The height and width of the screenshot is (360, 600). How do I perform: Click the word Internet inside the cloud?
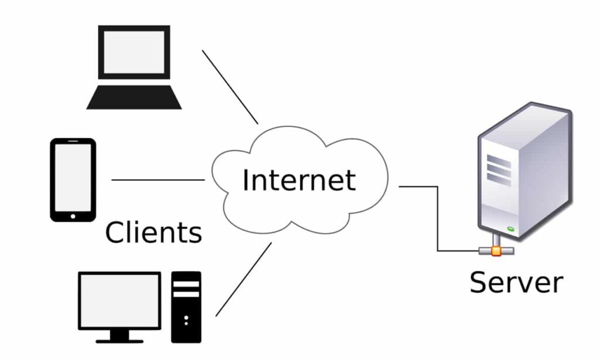(299, 180)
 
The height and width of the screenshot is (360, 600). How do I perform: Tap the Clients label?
(154, 232)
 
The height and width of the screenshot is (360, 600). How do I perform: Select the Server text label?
(516, 282)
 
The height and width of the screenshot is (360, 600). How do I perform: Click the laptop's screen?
(134, 52)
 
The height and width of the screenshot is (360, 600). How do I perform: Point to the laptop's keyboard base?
(134, 98)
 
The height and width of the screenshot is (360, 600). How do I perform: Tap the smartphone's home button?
(73, 215)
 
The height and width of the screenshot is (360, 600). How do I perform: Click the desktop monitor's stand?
(120, 336)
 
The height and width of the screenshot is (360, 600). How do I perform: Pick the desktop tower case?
(186, 307)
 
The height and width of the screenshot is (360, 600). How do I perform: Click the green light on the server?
(511, 228)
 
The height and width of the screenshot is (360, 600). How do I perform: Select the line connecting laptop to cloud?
(230, 87)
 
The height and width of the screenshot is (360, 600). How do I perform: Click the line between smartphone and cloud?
(158, 180)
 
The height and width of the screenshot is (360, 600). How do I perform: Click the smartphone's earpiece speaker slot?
(73, 142)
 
